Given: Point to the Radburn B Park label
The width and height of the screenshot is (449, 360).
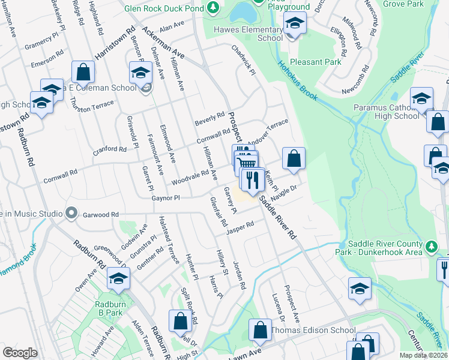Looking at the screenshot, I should tap(109, 308).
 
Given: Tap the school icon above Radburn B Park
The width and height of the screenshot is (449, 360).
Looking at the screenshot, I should tap(118, 279).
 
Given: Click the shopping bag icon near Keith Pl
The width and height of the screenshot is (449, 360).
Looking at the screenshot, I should tap(294, 159).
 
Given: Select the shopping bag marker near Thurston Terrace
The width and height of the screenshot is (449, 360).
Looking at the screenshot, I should tap(83, 72).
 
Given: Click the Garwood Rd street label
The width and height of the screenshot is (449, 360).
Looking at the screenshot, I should tap(101, 214).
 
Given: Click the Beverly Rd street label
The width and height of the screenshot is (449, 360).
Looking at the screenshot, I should tap(209, 119).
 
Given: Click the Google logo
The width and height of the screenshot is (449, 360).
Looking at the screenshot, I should tap(20, 353).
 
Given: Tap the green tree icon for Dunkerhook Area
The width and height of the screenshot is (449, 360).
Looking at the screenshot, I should tap(430, 246).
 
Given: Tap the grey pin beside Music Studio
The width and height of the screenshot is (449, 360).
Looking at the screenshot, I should tap(71, 214).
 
